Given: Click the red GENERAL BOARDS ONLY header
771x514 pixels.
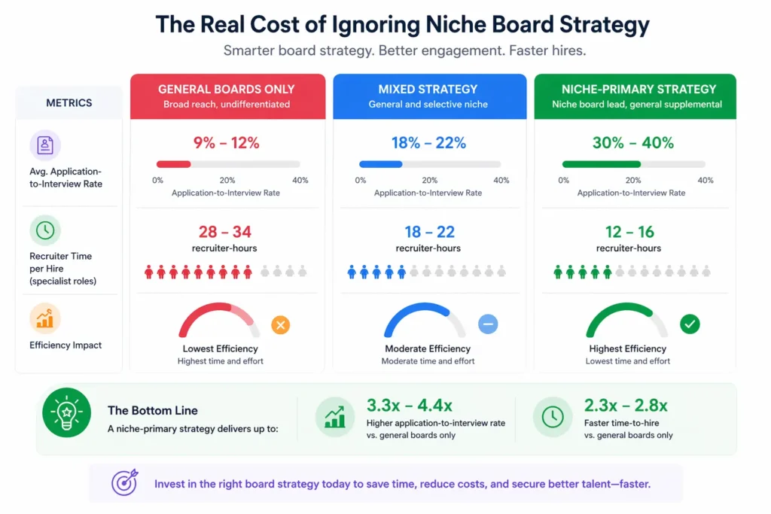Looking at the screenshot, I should tap(227, 96).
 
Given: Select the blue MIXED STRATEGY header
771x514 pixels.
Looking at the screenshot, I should tap(428, 96).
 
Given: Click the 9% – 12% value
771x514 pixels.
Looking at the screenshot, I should tap(227, 142).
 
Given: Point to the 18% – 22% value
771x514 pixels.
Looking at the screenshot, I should tap(428, 142).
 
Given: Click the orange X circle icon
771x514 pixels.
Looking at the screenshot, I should tap(280, 325).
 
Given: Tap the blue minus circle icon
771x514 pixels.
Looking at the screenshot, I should tap(488, 324).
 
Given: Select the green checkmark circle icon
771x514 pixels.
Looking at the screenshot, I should tap(690, 324).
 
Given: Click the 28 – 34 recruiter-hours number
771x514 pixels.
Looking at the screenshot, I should tap(225, 232).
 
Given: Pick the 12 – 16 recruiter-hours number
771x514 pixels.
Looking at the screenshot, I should tap(629, 232).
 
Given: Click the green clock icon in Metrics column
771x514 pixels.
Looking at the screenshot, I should tap(45, 230).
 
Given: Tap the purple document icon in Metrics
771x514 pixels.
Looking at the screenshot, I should tap(45, 144).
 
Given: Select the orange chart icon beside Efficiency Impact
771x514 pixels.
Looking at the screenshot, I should tap(45, 318).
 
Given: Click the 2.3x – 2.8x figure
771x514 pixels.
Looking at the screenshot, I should tap(626, 406).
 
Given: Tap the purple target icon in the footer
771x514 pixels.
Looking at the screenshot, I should tap(124, 483).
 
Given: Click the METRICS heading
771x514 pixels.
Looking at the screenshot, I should tap(69, 102).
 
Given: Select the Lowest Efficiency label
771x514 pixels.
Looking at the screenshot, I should tap(220, 348).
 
